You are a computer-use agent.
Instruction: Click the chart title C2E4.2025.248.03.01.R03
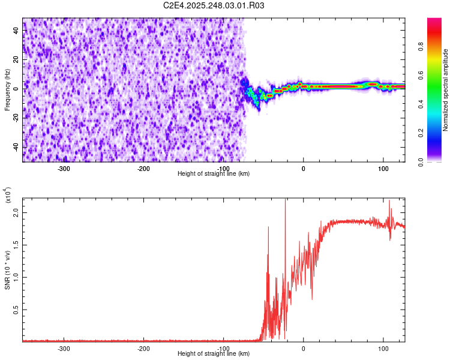coord(214,5)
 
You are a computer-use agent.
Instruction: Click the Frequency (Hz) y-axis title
coord(7,89)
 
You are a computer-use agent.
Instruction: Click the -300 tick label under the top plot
coord(64,168)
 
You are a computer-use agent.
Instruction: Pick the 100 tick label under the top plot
coord(383,168)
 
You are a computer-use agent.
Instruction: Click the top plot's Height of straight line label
coord(214,174)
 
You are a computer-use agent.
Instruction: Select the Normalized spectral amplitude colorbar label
coord(446,90)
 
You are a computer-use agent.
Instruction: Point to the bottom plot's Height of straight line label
coord(214,354)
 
